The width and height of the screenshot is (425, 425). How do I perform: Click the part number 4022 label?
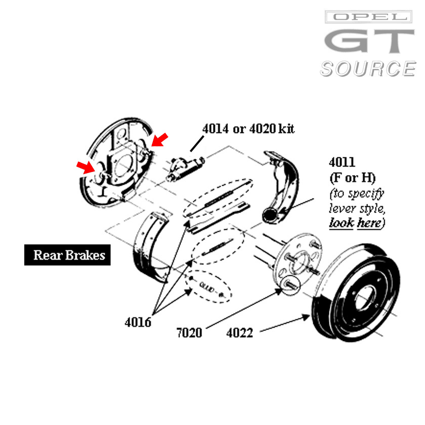240,333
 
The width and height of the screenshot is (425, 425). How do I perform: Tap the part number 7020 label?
189,333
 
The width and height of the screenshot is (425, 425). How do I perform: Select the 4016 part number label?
138,322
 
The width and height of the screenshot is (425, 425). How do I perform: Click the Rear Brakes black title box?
67,255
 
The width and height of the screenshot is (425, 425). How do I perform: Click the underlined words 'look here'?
355,223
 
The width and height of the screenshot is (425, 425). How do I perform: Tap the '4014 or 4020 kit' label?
248,129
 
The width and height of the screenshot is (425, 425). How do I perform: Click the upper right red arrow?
160,139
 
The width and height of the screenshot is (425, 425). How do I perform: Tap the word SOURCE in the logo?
367,68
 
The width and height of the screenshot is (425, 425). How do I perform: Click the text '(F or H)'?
352,178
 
